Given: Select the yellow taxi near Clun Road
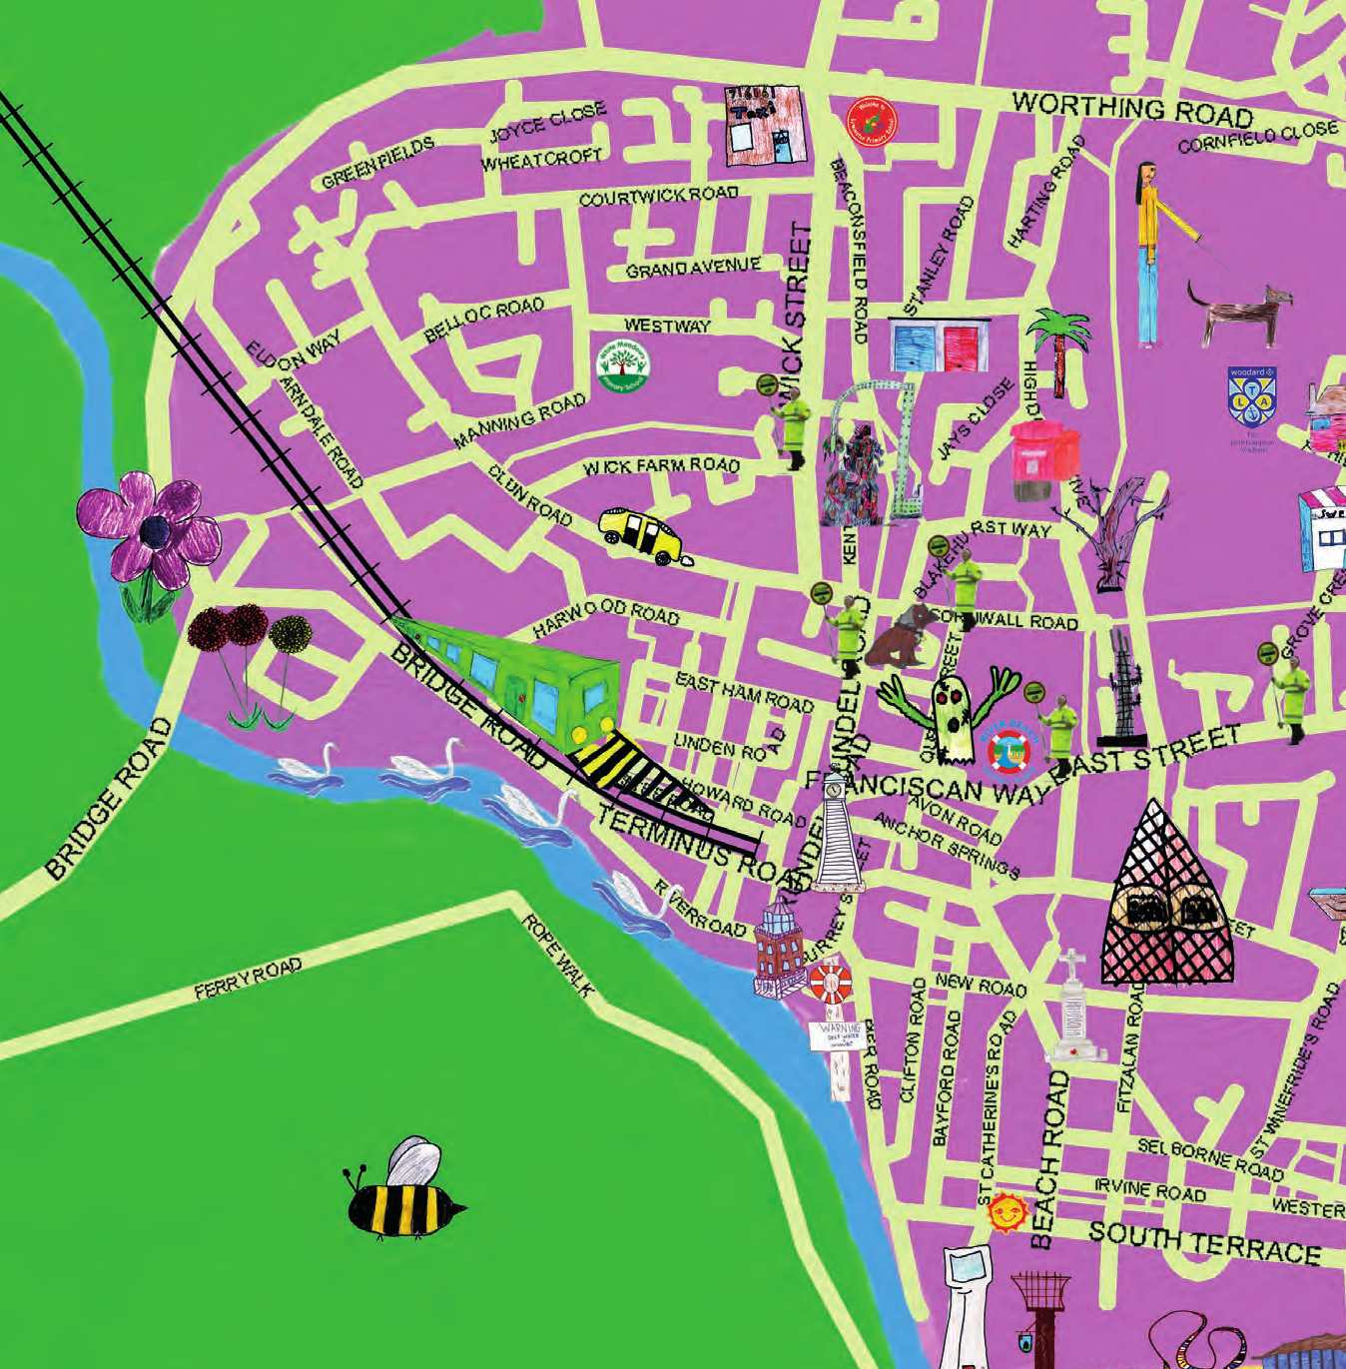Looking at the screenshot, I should (x=642, y=533).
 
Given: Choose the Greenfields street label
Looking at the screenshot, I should (x=378, y=163).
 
